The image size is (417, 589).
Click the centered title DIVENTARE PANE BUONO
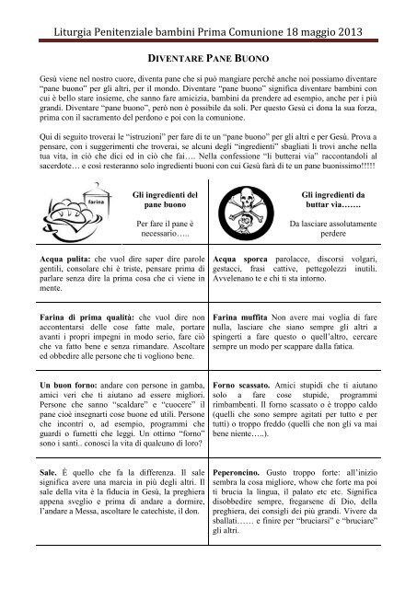click(208, 55)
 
